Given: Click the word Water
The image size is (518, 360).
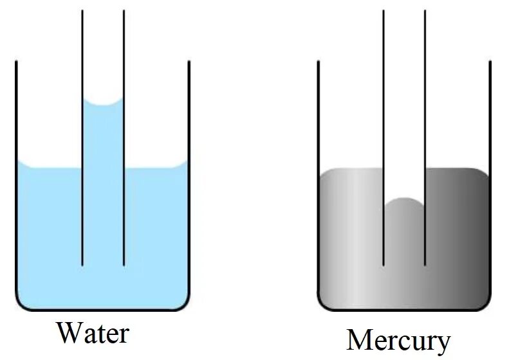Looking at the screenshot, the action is click(93, 333).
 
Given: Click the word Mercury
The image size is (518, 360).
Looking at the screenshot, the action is click(398, 341).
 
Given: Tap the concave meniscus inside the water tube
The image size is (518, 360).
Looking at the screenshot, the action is click(103, 103).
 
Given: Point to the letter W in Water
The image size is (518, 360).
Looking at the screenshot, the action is click(69, 333).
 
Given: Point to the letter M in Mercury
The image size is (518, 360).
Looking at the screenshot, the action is click(360, 340).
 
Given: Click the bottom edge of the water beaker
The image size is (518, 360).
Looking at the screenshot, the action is click(103, 310).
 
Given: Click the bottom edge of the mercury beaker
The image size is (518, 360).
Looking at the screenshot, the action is click(404, 310).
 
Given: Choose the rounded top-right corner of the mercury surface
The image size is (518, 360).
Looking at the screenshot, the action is click(485, 172).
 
